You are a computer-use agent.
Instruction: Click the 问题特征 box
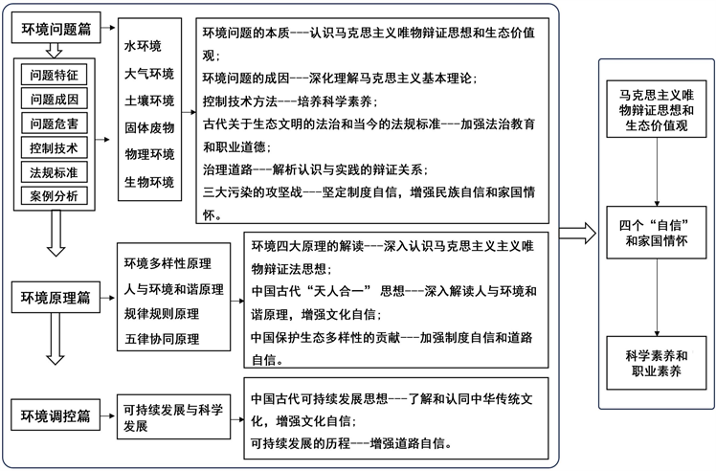[x=54, y=75]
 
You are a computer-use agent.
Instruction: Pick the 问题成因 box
[x=54, y=100]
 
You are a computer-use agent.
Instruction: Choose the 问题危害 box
[x=54, y=123]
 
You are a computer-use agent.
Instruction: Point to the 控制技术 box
[x=54, y=147]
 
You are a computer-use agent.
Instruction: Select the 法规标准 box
[x=54, y=172]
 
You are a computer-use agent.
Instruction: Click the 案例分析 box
[x=54, y=197]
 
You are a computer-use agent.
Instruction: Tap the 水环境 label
[x=143, y=46]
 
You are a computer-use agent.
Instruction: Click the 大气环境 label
[x=149, y=73]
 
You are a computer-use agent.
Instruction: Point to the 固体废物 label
[x=149, y=127]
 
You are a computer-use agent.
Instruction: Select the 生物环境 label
[x=149, y=182]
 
